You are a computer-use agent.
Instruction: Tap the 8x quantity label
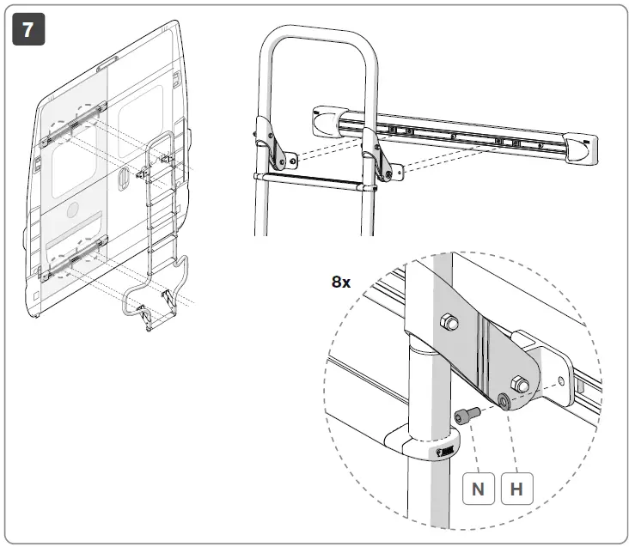coord(341,282)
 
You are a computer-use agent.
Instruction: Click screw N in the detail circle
coord(465,416)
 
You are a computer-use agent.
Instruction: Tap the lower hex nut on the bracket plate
coord(520,383)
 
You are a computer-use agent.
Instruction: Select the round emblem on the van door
coord(71,210)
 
